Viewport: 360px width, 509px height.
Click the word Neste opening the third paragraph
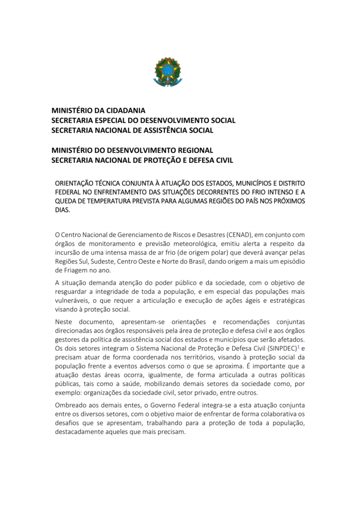click(65, 322)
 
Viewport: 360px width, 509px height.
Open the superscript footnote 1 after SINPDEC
click(298, 346)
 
